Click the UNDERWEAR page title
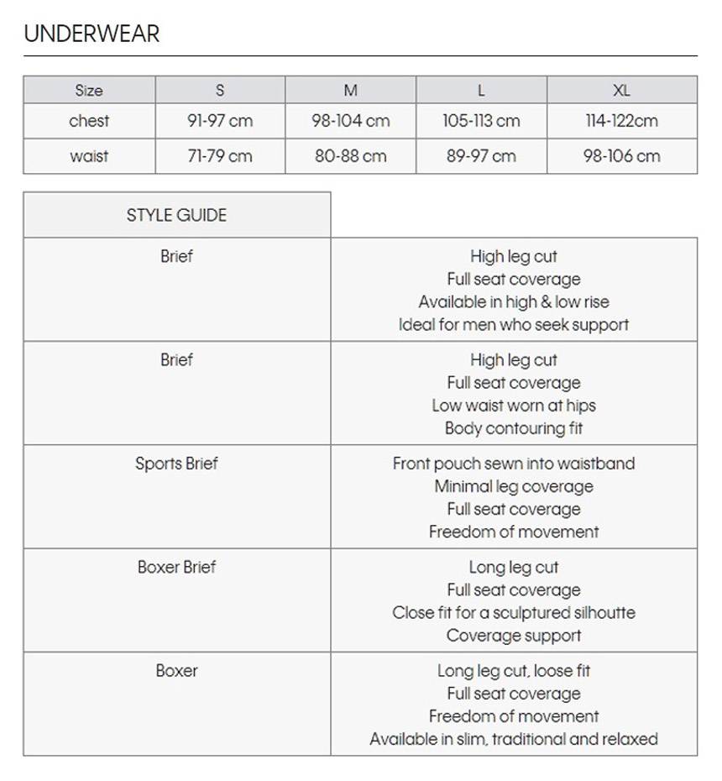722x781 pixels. pyautogui.click(x=92, y=34)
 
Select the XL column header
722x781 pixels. pyautogui.click(x=621, y=91)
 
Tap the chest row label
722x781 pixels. pyautogui.click(x=89, y=121)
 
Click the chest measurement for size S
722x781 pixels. pyautogui.click(x=220, y=121)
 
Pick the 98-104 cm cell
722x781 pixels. pyautogui.click(x=351, y=121)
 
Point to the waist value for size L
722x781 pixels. pyautogui.click(x=481, y=156)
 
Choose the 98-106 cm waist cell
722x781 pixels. pyautogui.click(x=621, y=156)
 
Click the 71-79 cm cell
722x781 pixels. pyautogui.click(x=220, y=156)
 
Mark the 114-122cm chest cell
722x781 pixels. pyautogui.click(x=621, y=121)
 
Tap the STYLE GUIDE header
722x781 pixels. pyautogui.click(x=176, y=215)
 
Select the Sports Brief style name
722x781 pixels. pyautogui.click(x=176, y=464)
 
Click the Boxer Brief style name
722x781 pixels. pyautogui.click(x=176, y=567)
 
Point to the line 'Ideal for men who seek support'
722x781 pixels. pyautogui.click(x=514, y=324)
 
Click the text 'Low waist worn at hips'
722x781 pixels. pyautogui.click(x=514, y=406)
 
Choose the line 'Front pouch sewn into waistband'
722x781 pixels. pyautogui.click(x=514, y=464)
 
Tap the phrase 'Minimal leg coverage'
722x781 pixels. pyautogui.click(x=514, y=486)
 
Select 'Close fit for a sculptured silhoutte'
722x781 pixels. pyautogui.click(x=514, y=613)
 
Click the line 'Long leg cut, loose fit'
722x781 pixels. pyautogui.click(x=514, y=671)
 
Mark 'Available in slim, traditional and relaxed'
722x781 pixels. pyautogui.click(x=514, y=739)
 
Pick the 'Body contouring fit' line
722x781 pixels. pyautogui.click(x=514, y=428)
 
